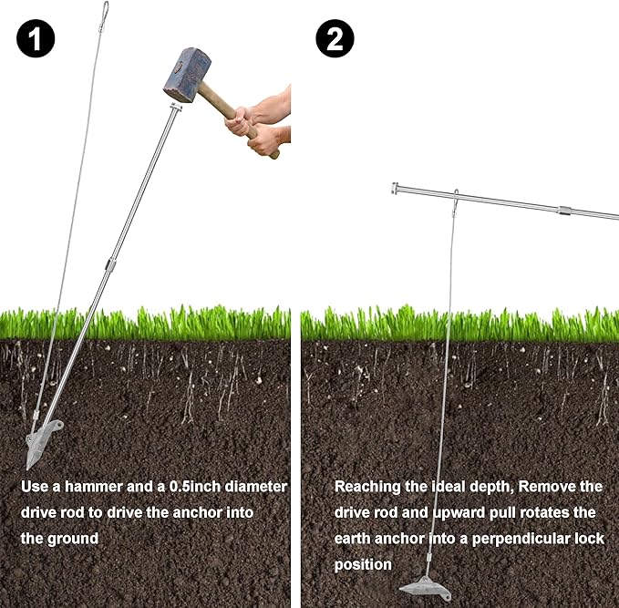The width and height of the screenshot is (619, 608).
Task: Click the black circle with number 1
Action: (x=36, y=38)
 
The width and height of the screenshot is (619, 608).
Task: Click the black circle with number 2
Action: (x=335, y=38)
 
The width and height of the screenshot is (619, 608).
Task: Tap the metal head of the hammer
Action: (x=187, y=75)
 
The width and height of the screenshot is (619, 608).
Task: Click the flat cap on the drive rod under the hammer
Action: (x=176, y=107)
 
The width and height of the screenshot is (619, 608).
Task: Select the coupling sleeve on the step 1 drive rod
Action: (x=110, y=263)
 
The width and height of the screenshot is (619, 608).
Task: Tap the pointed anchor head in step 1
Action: (x=41, y=442)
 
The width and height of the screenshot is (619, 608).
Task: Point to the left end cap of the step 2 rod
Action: (x=395, y=189)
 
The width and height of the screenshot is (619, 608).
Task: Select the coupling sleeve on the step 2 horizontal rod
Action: (x=565, y=211)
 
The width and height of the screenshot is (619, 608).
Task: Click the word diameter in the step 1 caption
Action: (x=256, y=487)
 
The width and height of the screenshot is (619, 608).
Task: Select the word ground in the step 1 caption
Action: (x=73, y=540)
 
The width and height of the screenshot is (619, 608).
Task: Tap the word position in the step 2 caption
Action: (x=363, y=564)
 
